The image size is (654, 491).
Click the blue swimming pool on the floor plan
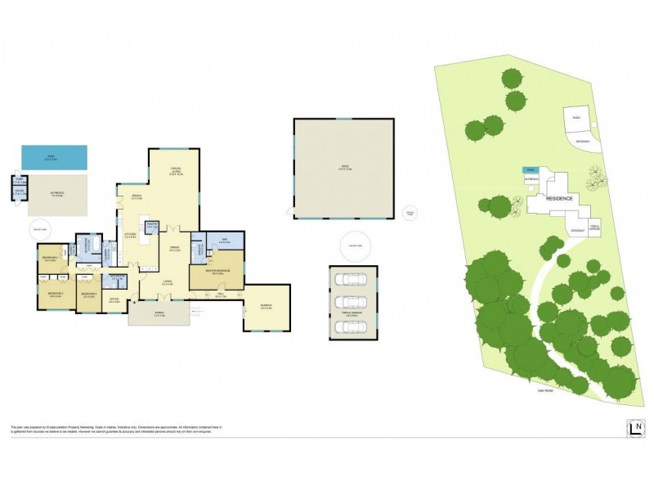point(53,157)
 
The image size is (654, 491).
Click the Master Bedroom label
point(216,272)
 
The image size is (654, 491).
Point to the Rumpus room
point(266,307)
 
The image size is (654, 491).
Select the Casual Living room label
point(172,173)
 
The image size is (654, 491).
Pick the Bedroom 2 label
point(56,293)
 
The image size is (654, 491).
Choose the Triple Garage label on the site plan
point(594,230)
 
